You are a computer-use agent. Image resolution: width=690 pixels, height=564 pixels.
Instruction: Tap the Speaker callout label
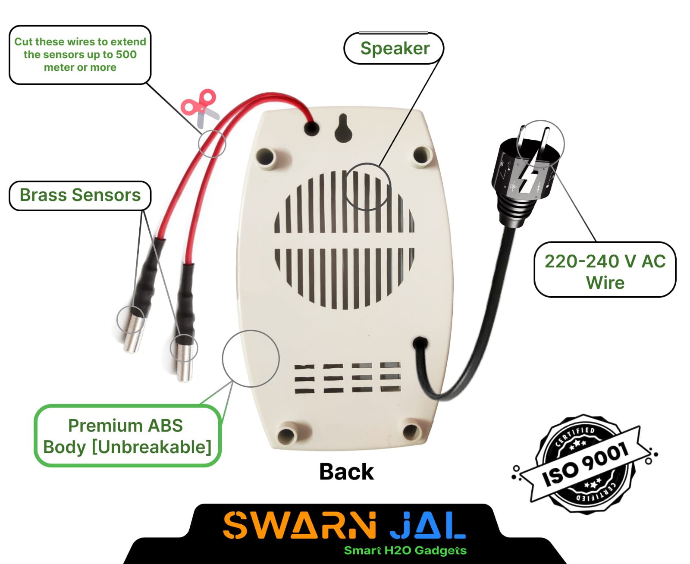(394, 48)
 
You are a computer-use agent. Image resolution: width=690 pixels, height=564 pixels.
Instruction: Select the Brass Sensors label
(80, 195)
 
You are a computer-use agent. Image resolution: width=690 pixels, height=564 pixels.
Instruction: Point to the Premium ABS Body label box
(127, 436)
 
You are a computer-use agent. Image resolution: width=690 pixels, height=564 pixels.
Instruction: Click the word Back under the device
(346, 471)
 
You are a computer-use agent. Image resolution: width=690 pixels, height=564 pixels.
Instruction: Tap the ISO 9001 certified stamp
(584, 464)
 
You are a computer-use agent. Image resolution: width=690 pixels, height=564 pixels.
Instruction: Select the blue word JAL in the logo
(427, 526)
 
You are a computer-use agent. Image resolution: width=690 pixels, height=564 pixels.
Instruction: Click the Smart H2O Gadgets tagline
(405, 551)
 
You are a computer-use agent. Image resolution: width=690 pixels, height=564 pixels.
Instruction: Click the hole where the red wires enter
(311, 128)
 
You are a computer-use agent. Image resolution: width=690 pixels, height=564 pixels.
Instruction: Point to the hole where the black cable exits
(419, 344)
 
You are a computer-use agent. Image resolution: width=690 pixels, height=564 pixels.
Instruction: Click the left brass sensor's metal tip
(133, 335)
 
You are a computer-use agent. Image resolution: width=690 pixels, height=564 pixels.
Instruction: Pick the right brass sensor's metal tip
(185, 360)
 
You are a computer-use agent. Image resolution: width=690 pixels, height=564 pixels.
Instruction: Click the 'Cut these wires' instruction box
(80, 55)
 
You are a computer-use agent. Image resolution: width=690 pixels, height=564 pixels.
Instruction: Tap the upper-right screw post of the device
(422, 154)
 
